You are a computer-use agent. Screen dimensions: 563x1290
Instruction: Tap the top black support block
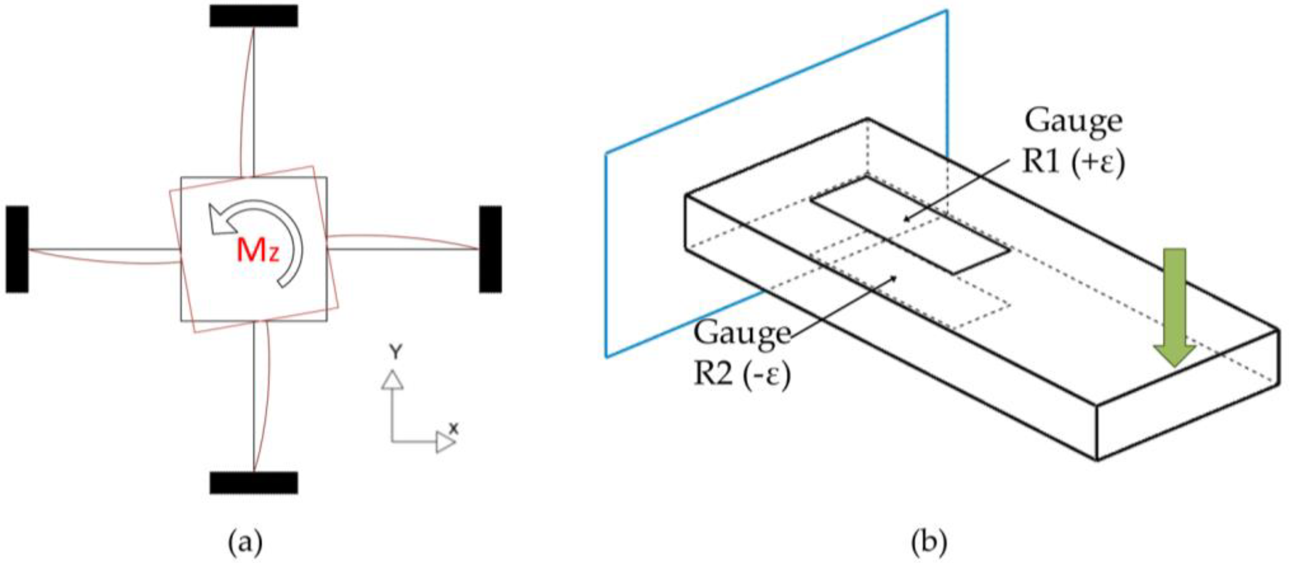(x=254, y=16)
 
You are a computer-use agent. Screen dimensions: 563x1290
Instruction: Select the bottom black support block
(x=254, y=483)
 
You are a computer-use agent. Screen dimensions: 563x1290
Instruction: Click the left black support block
(x=17, y=249)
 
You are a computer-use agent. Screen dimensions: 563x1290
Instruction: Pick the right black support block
(x=490, y=249)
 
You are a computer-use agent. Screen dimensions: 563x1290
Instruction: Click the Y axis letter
(x=395, y=352)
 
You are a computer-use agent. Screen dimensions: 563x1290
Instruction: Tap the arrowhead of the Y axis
(x=392, y=380)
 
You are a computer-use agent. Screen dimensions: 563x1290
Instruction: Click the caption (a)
(x=245, y=542)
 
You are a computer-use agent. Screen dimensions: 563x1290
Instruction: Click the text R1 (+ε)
(x=1073, y=163)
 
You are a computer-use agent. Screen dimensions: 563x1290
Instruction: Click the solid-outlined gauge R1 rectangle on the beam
(x=909, y=225)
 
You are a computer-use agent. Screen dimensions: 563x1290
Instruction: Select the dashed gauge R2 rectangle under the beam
(x=901, y=295)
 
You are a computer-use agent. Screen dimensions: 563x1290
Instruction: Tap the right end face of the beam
(x=1187, y=395)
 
